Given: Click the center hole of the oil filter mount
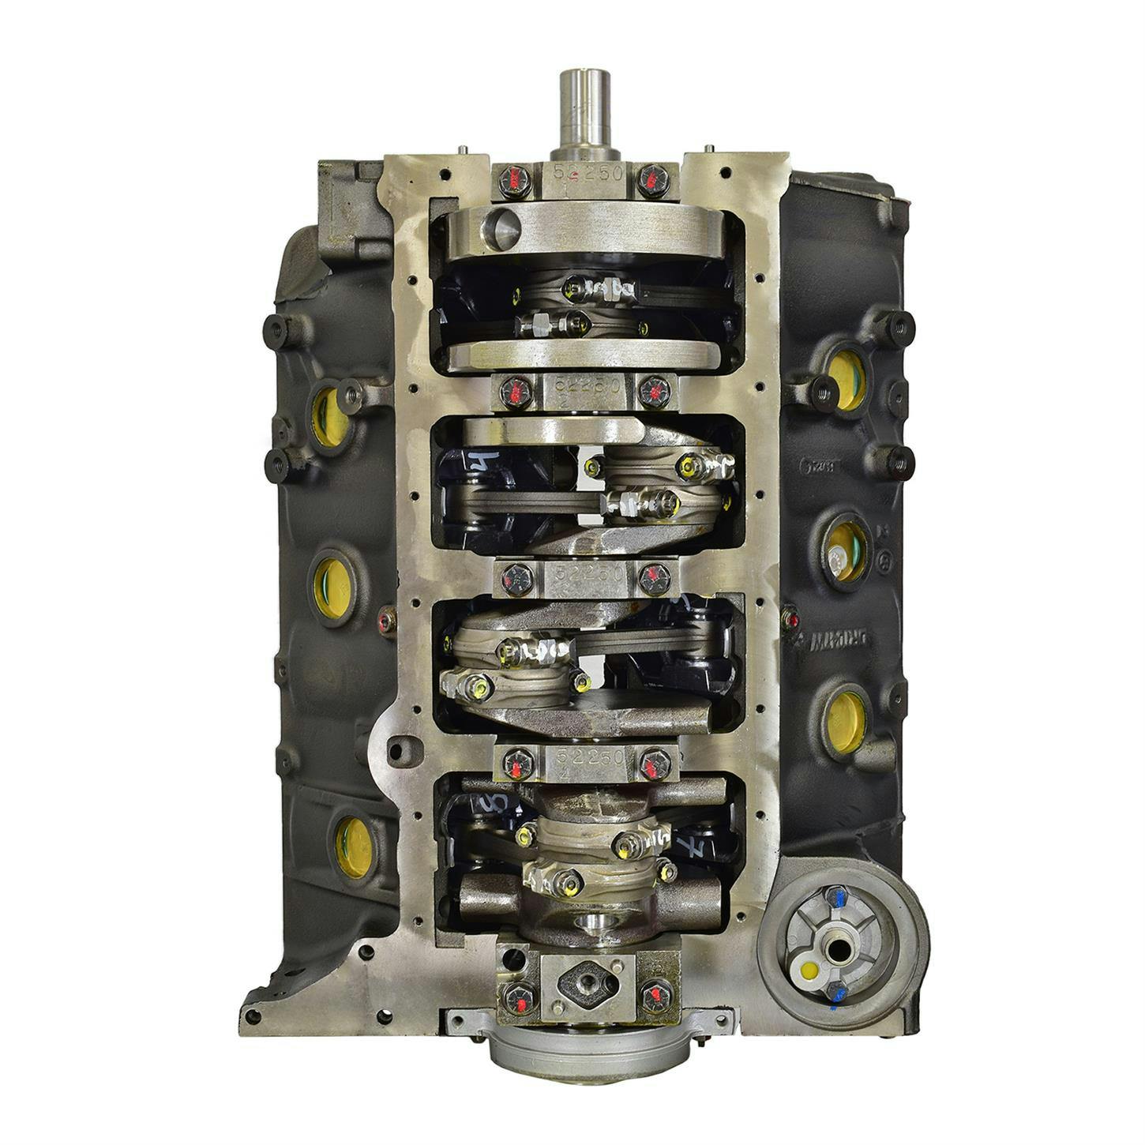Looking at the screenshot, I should click(838, 946).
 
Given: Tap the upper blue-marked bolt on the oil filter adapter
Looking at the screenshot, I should click(834, 898).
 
